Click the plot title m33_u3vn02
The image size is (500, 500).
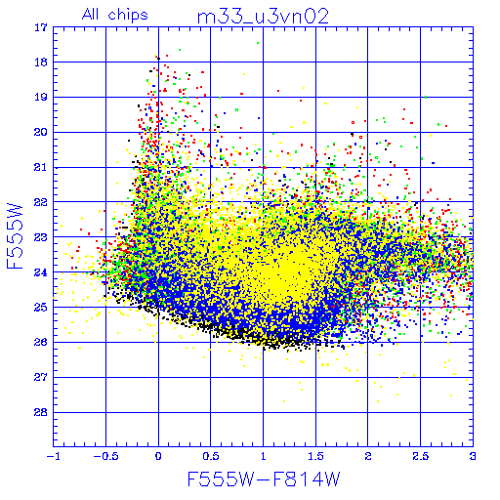(x=263, y=17)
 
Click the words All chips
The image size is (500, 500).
(x=115, y=15)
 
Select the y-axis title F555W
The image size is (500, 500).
(x=15, y=236)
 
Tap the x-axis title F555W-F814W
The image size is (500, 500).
(x=264, y=479)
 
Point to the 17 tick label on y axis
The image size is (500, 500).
(x=41, y=27)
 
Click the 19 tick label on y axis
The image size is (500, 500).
(x=41, y=97)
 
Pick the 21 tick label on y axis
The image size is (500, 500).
(x=41, y=167)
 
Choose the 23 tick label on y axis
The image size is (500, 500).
(x=41, y=237)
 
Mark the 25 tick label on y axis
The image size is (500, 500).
(x=41, y=307)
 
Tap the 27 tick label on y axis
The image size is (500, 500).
(x=41, y=377)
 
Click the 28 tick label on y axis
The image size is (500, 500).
(x=41, y=412)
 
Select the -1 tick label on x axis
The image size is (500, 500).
(x=53, y=456)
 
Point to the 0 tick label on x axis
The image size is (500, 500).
(x=158, y=456)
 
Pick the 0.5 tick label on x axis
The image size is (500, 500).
(x=211, y=456)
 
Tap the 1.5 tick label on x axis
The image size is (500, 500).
(x=315, y=456)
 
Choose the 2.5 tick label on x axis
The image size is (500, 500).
(x=420, y=456)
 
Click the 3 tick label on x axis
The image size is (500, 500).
(x=473, y=456)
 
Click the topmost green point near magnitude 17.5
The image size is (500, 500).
(x=258, y=43)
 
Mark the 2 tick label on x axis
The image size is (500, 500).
(x=368, y=456)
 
